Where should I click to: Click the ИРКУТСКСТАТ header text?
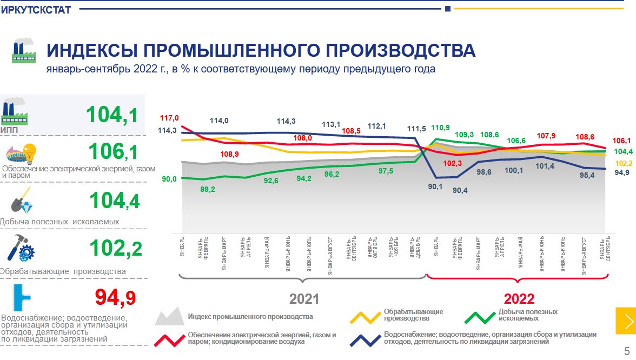36,10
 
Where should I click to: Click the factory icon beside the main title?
23,51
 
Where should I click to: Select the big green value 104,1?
112,115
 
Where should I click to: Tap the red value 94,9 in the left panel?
115,297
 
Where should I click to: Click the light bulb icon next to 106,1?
28,151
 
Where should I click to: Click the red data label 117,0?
169,118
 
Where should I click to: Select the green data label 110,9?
440,128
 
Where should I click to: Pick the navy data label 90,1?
435,186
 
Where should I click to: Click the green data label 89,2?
208,189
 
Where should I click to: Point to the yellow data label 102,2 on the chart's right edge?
624,163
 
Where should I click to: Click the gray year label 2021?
304,299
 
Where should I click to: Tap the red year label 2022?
519,299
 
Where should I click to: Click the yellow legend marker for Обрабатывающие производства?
365,317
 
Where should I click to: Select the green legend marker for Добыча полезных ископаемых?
479,317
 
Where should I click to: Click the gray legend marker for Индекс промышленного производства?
169,316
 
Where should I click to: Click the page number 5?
627,349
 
